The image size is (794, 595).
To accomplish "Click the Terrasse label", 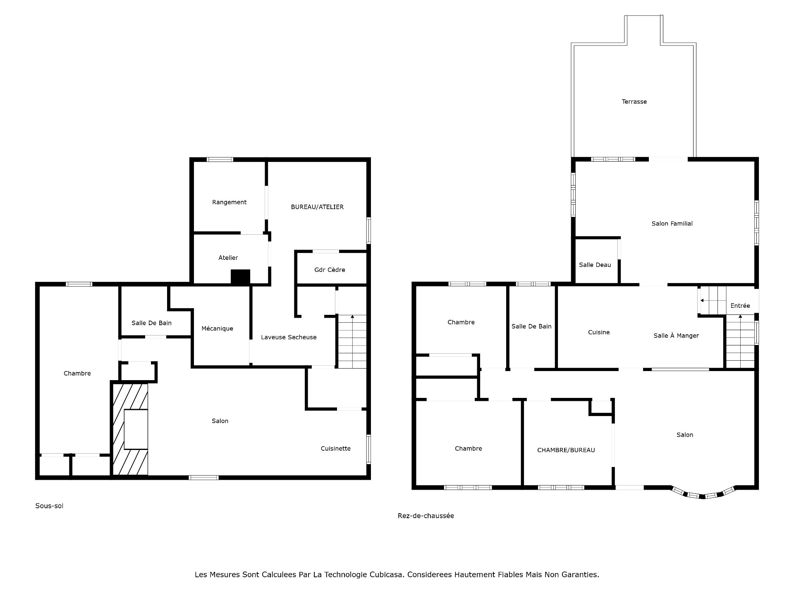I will tap(634, 102).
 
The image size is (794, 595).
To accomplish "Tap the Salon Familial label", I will tap(672, 224).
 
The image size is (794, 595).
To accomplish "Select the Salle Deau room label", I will tap(595, 265).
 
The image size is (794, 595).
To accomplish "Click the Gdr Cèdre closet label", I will tap(330, 270).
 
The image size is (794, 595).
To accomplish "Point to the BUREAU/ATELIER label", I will tap(317, 207).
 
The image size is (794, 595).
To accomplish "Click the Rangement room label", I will tap(229, 202).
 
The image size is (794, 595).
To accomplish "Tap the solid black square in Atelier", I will tap(240, 276).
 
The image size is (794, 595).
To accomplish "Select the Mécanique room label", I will tap(217, 328).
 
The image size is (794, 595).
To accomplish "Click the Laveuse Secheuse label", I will tap(289, 337).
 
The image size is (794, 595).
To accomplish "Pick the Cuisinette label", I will tap(335, 448).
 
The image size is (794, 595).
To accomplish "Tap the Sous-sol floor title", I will tap(49, 506).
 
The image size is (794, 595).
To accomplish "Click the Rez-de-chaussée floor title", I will tap(426, 516).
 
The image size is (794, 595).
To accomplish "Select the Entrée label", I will tap(740, 306).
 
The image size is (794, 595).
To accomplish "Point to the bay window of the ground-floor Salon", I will tap(703, 494).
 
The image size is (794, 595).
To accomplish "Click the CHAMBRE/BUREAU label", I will tap(566, 450).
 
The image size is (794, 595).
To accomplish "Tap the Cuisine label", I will tap(598, 332).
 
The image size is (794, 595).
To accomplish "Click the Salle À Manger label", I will tap(676, 336).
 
